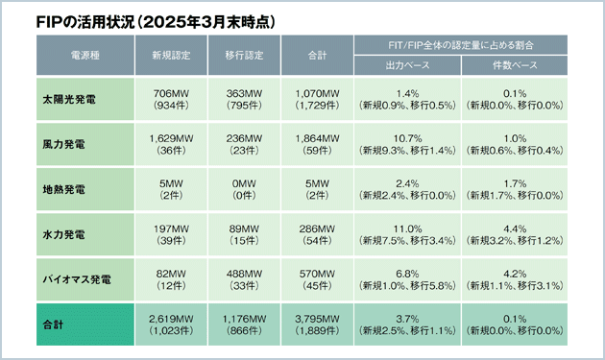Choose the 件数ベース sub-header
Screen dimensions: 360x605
pyautogui.click(x=510, y=66)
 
